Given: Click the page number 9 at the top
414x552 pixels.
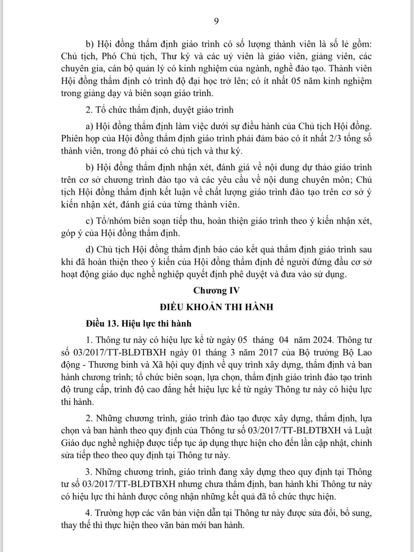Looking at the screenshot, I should click(x=216, y=21).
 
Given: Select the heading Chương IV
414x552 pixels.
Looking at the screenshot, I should click(x=216, y=290).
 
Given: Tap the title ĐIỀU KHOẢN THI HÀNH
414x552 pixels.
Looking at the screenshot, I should click(x=216, y=307).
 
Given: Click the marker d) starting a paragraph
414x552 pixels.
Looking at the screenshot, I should click(x=90, y=249).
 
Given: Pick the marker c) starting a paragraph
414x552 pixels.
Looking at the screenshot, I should click(x=90, y=221).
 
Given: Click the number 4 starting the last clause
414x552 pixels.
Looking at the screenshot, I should click(x=88, y=513).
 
